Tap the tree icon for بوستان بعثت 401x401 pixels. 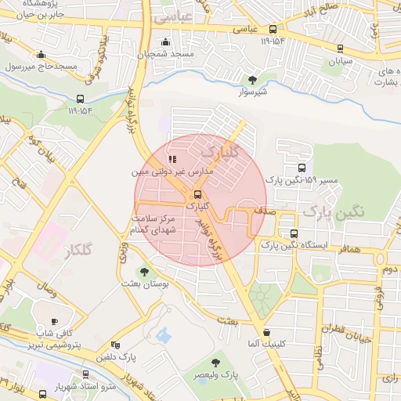[x=143, y=272]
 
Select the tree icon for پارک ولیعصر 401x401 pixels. [x=215, y=362]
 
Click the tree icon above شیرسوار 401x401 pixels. [x=252, y=80]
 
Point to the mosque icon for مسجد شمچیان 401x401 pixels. [x=164, y=42]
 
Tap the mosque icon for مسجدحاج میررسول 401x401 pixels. [x=41, y=54]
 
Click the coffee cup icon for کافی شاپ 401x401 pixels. [x=54, y=322]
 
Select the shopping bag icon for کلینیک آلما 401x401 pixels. [x=267, y=332]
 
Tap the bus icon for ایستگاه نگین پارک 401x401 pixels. [x=294, y=233]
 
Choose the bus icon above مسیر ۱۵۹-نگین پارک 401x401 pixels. [x=302, y=168]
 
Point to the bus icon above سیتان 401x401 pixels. [x=338, y=47]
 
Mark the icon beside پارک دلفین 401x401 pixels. [x=116, y=345]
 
